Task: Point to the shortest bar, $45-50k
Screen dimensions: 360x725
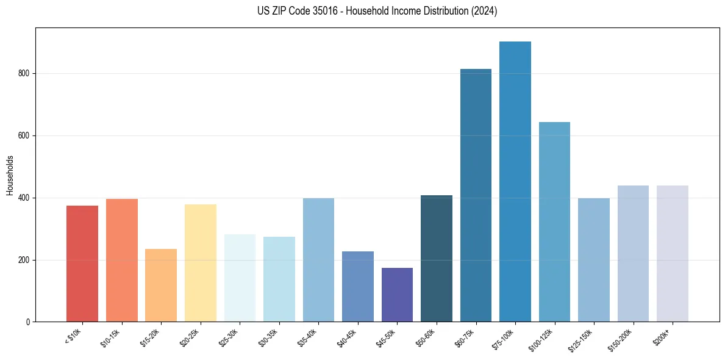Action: click(397, 295)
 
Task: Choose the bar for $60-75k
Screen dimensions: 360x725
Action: click(476, 195)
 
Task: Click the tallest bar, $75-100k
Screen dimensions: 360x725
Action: click(515, 181)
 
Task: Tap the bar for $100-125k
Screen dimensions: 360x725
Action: click(554, 221)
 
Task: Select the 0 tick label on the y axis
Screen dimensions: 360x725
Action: click(28, 322)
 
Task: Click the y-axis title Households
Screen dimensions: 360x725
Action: click(10, 175)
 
